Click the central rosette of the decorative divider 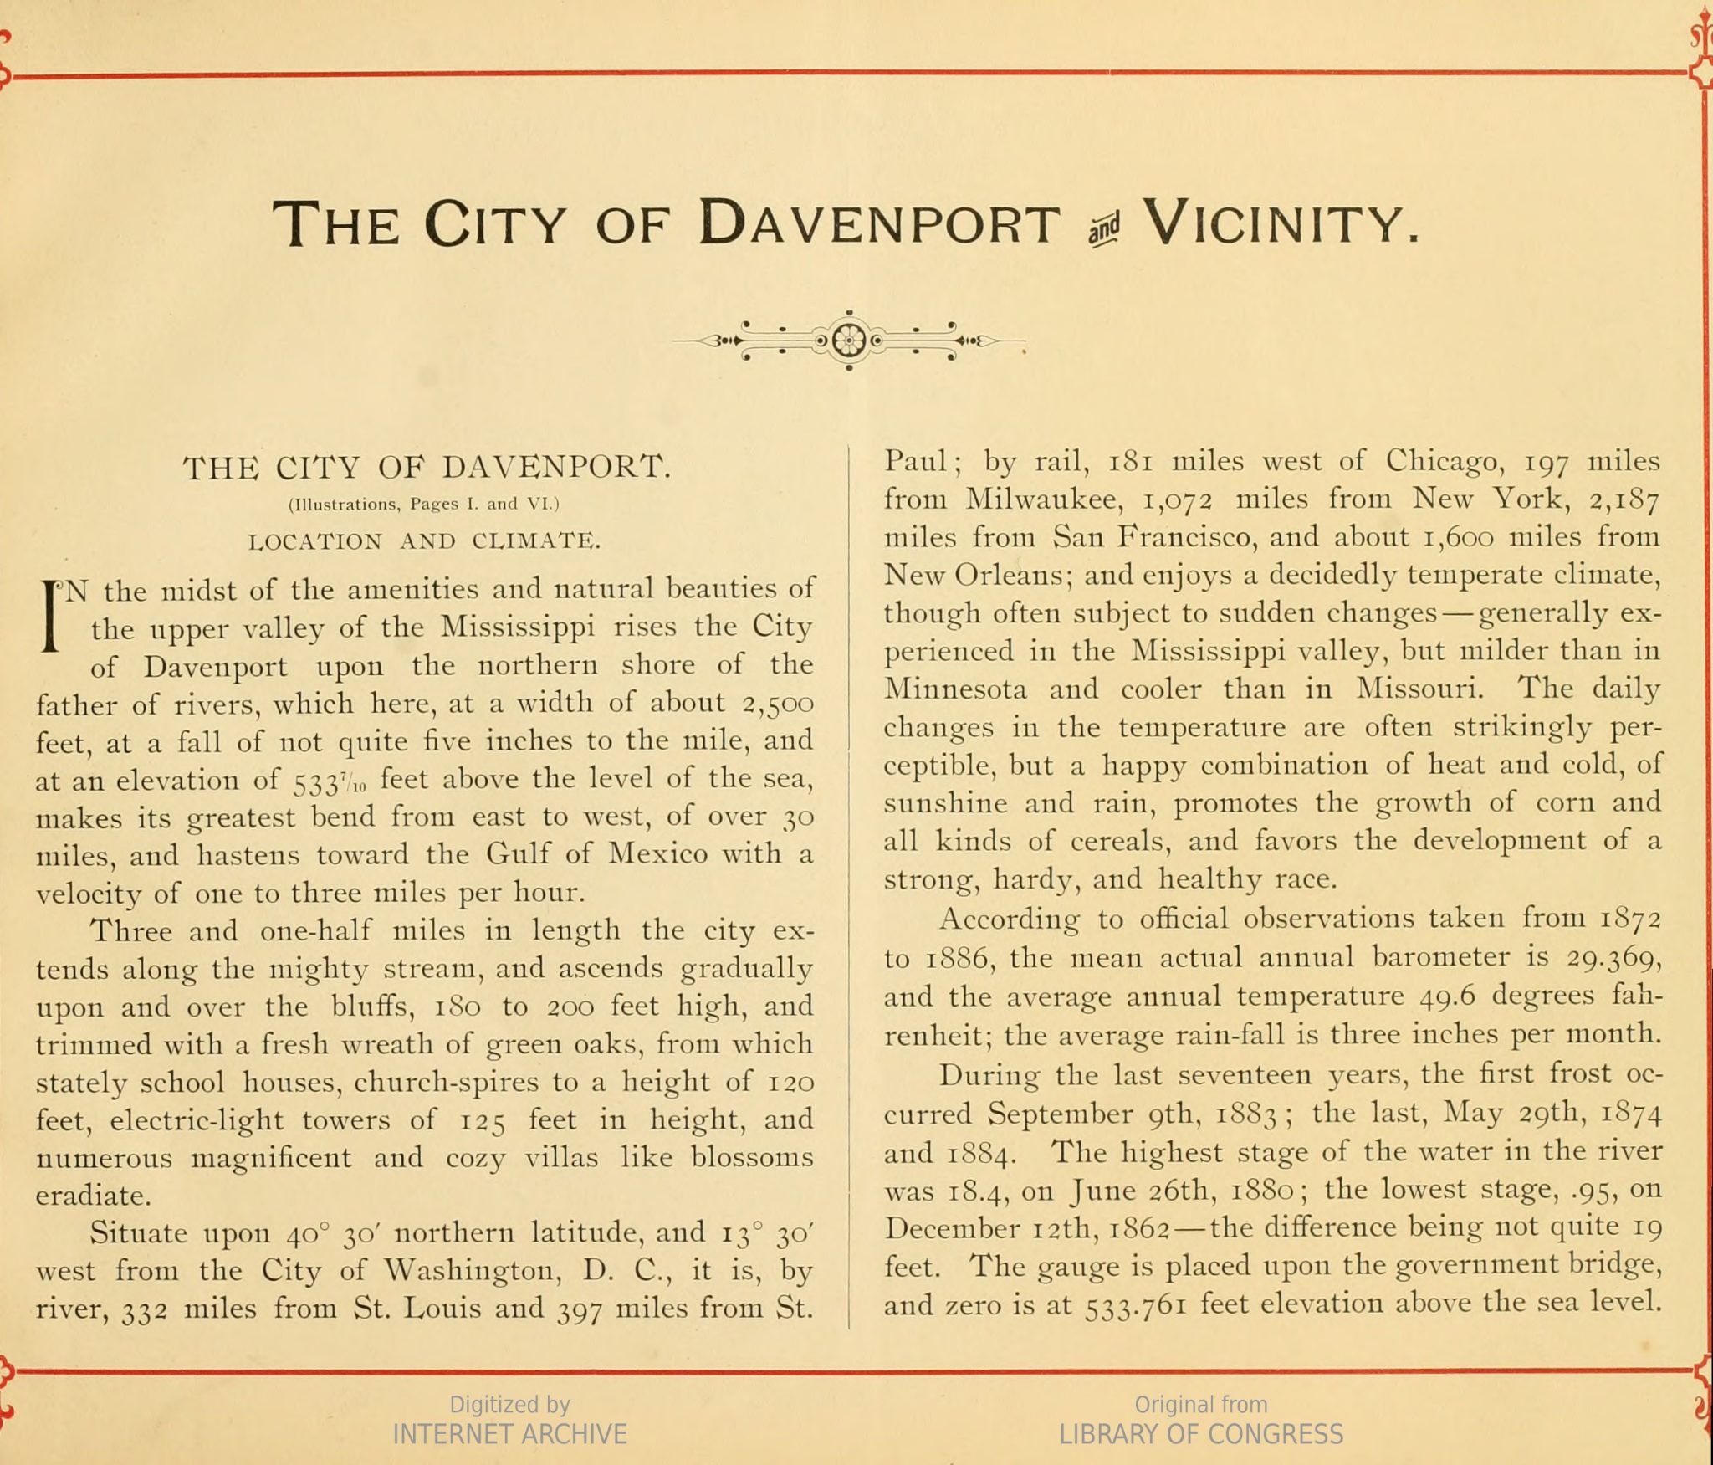[x=848, y=340]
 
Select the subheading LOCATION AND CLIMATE [x=425, y=541]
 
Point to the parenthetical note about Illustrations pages [x=423, y=505]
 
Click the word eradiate [x=93, y=1196]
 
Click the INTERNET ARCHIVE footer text [x=509, y=1434]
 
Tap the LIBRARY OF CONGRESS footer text [x=1201, y=1434]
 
